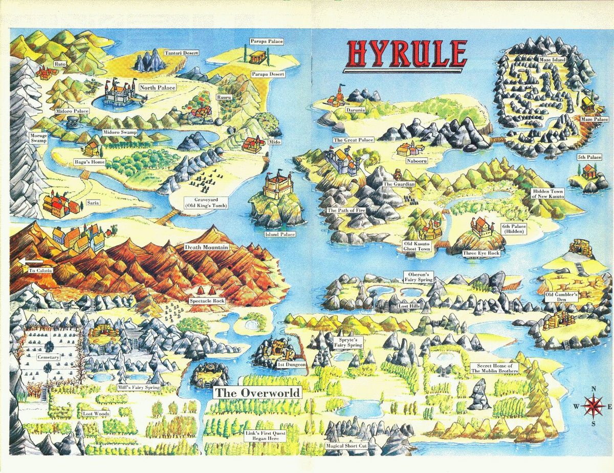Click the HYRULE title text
pyautogui.click(x=407, y=54)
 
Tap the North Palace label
pyautogui.click(x=158, y=88)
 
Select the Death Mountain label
pyautogui.click(x=207, y=247)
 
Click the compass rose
pyautogui.click(x=593, y=406)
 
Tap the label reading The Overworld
pyautogui.click(x=257, y=393)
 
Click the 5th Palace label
pyautogui.click(x=589, y=157)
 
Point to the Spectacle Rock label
pyautogui.click(x=207, y=301)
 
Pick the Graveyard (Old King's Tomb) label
pyautogui.click(x=206, y=202)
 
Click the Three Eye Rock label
pyautogui.click(x=480, y=253)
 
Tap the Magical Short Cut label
pyautogui.click(x=346, y=446)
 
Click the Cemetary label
pyautogui.click(x=48, y=357)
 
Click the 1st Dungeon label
pyautogui.click(x=292, y=364)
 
